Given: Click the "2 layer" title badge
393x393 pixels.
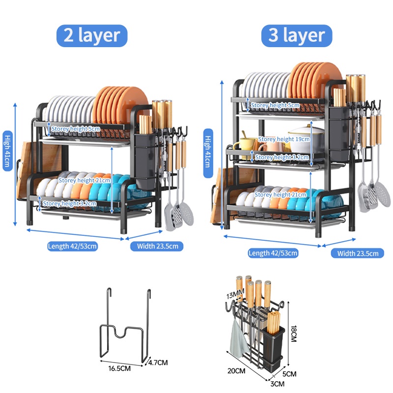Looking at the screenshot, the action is tap(92, 35).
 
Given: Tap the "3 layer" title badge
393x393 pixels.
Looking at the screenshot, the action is tap(297, 35).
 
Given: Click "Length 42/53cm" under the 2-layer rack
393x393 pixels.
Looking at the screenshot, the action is tap(72, 246).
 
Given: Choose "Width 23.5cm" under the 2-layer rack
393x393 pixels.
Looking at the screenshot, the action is tap(157, 246).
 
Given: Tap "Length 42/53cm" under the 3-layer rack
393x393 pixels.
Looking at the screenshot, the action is tap(273, 253).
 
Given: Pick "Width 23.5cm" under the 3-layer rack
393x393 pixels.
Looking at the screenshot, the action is tap(357, 253).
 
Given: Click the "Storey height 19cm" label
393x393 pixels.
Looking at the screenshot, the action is tap(283, 139).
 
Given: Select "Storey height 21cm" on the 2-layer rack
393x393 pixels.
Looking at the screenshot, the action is tap(84, 180).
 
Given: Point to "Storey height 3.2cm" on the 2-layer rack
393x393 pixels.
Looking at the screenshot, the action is tap(69, 203).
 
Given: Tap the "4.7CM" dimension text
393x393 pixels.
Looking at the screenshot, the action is tap(158, 363).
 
